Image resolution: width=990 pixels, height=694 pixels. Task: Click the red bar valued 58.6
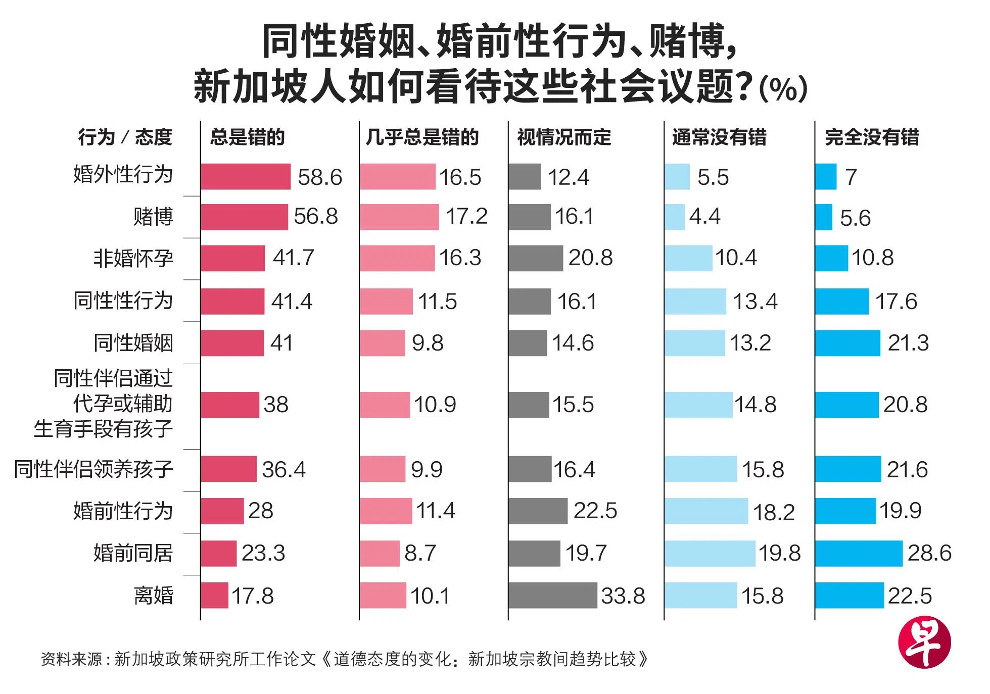pos(246,177)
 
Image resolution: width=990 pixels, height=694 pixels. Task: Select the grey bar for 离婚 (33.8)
pos(553,596)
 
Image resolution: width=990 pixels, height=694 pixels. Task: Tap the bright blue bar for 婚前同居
pos(859,553)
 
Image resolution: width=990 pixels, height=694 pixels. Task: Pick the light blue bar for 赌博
pos(675,217)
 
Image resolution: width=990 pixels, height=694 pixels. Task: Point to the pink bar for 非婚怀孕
pos(397,258)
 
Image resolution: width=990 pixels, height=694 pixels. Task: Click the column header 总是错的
pos(248,137)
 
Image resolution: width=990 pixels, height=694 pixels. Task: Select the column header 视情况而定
pos(564,137)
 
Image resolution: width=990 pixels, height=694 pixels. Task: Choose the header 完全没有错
pos(872,137)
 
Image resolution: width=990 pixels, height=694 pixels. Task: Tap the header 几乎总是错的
pos(422,137)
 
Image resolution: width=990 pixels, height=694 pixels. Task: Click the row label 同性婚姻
pos(133,343)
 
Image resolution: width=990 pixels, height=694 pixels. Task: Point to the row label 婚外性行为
pos(123,175)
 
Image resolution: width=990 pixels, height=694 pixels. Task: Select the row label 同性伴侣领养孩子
pos(94,469)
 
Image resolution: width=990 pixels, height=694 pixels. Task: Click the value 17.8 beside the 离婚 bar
pos(252,596)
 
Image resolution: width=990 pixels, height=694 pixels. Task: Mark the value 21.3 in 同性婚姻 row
pos(908,343)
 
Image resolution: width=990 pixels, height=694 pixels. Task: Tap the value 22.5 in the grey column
pos(595,511)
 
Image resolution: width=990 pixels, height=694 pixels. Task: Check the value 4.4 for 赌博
pos(704,217)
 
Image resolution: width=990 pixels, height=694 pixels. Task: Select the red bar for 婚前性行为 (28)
pos(222,511)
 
